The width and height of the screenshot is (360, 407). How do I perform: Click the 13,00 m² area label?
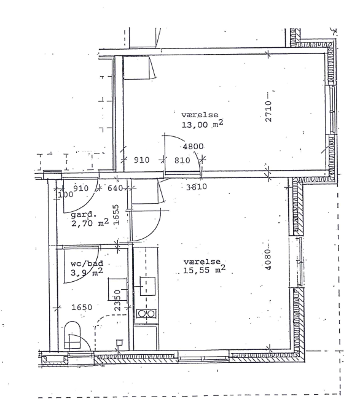coord(202,124)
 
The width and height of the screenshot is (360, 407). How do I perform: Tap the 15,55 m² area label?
coord(204,269)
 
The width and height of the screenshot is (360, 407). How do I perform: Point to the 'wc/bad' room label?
coord(87,263)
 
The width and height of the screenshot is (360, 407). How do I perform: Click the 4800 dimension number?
coord(194,147)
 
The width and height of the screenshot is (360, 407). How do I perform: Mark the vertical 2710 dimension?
coord(268,111)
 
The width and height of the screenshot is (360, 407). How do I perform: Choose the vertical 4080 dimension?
coord(268,260)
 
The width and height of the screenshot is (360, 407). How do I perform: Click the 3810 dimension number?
coord(197,187)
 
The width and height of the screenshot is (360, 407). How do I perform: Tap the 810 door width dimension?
coord(182,160)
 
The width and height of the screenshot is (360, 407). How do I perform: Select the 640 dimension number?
coord(115,188)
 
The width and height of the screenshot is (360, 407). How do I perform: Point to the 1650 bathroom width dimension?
coord(82,308)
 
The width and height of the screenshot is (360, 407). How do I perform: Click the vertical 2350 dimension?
coord(117,300)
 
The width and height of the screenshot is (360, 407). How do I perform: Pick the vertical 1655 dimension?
coord(116,215)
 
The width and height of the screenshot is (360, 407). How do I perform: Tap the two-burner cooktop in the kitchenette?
coord(146,314)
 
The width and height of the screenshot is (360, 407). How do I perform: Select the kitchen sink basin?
coord(148,286)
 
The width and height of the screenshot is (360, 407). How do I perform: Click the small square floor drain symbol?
coord(119,343)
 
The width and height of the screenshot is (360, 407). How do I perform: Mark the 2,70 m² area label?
coord(90,222)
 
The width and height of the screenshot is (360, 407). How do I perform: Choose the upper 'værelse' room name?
coord(200,115)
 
